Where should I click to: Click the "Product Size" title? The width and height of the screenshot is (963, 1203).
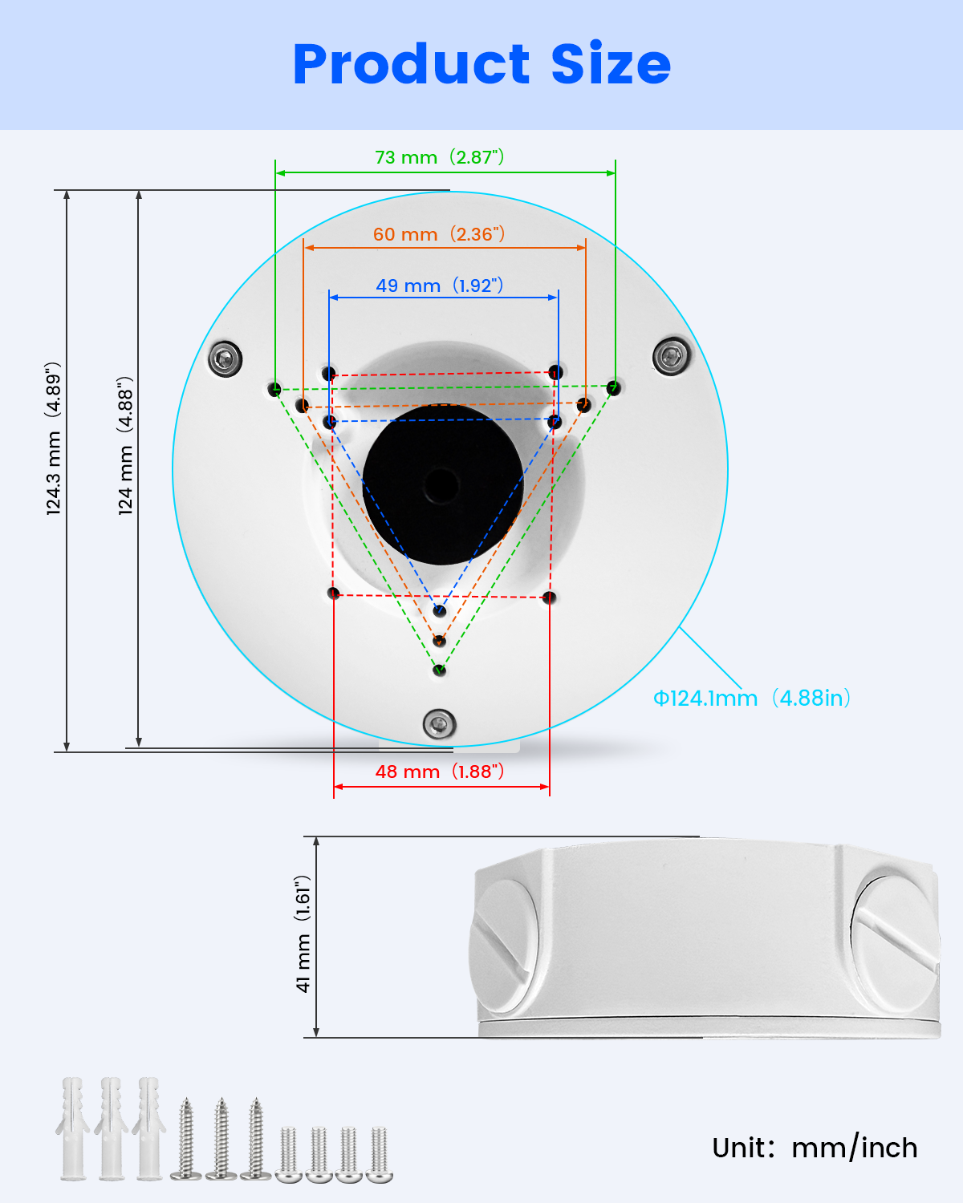click(481, 63)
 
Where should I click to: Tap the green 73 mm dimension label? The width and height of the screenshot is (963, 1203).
click(439, 157)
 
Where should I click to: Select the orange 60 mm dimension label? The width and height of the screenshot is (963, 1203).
click(439, 233)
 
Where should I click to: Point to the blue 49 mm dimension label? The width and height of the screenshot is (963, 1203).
click(439, 285)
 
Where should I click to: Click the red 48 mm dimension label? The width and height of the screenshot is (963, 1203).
click(439, 772)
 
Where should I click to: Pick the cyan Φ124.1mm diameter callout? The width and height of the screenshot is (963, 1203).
click(751, 699)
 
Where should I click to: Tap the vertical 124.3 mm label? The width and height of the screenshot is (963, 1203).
click(53, 438)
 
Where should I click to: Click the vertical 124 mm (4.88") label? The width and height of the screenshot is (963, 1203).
click(125, 446)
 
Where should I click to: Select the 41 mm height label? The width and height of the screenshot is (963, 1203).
click(303, 934)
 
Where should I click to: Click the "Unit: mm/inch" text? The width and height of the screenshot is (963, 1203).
click(815, 1148)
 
